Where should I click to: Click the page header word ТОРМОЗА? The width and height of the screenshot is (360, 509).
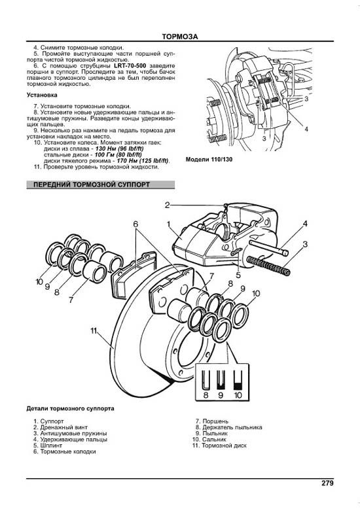[180, 37]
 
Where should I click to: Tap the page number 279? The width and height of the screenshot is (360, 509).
[327, 483]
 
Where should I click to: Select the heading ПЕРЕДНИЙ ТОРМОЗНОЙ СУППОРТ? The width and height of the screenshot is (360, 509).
[92, 184]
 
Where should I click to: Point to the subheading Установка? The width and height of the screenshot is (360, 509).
[42, 95]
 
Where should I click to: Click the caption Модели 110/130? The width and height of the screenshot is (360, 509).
[209, 160]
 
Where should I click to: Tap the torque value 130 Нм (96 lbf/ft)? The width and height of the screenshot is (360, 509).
[120, 149]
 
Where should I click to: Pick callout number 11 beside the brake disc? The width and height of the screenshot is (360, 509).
[94, 331]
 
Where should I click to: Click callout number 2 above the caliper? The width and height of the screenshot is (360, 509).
[168, 205]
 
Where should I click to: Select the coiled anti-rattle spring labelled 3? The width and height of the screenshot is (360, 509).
[269, 265]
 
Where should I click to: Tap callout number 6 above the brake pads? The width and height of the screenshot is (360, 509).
[135, 224]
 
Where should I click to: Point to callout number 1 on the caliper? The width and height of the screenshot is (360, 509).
[169, 224]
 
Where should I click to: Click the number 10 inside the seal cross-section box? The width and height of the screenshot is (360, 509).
[238, 395]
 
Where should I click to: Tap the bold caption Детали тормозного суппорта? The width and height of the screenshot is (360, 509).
[70, 409]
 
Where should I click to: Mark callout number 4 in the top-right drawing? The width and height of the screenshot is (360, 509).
[306, 129]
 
